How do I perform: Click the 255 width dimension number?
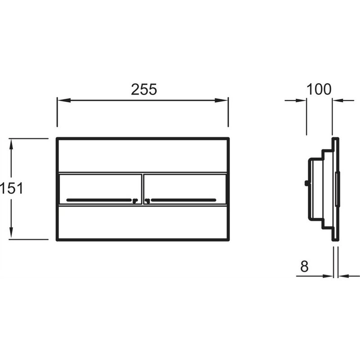tap(144, 89)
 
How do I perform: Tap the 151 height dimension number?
tap(12, 188)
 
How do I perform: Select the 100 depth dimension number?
tap(319, 89)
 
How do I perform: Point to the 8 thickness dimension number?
tap(304, 266)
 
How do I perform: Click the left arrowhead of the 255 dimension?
tap(64, 100)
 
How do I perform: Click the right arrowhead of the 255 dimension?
tap(221, 100)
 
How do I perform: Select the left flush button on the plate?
tap(100, 189)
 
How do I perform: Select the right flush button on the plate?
tap(185, 189)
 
